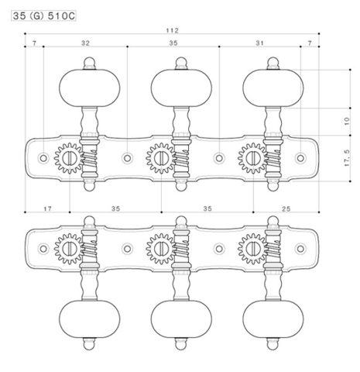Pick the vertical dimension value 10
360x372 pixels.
click(346, 123)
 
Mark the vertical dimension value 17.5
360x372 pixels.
click(346, 159)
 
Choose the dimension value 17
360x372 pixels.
click(47, 208)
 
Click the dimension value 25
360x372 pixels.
click(286, 208)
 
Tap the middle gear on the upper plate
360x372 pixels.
click(160, 158)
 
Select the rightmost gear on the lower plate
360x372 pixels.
click(252, 247)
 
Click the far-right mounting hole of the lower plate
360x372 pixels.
click(301, 247)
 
